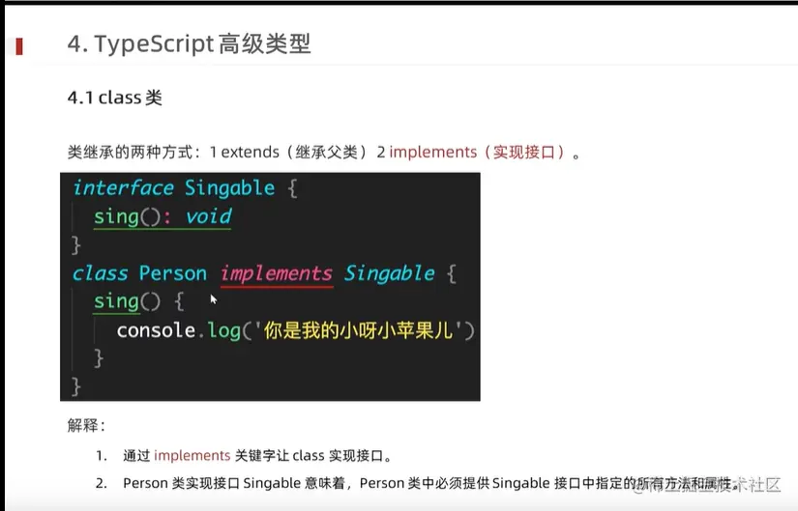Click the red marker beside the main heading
[18, 44]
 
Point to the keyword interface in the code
[123, 187]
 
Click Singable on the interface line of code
[229, 187]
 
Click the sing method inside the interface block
[116, 216]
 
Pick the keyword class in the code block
[100, 273]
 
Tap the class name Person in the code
[172, 273]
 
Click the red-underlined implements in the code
[277, 273]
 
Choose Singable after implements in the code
[390, 273]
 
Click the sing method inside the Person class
[116, 301]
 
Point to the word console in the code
[156, 330]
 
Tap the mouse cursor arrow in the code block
[214, 299]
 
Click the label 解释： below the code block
[86, 425]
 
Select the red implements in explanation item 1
[192, 456]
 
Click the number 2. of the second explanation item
[102, 483]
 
